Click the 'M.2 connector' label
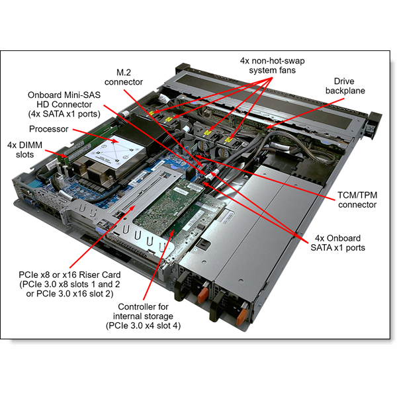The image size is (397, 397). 126,76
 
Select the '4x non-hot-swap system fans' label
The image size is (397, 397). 268,65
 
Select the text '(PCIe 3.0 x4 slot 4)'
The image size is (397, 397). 144,326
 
